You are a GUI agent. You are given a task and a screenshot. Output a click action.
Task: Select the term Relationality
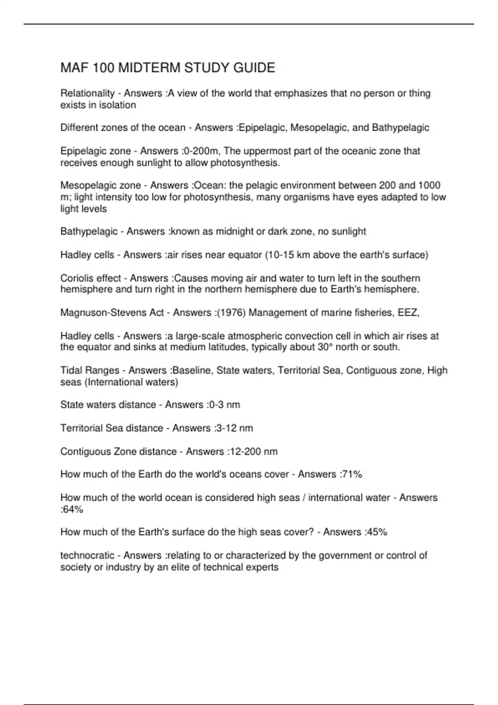click(87, 93)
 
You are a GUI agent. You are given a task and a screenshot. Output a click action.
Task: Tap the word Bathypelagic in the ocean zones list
click(400, 128)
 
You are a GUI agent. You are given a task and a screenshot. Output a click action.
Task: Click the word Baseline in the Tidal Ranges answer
click(193, 370)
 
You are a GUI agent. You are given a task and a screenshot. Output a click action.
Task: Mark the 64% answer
click(73, 510)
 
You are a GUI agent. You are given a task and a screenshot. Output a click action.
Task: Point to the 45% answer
click(377, 532)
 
